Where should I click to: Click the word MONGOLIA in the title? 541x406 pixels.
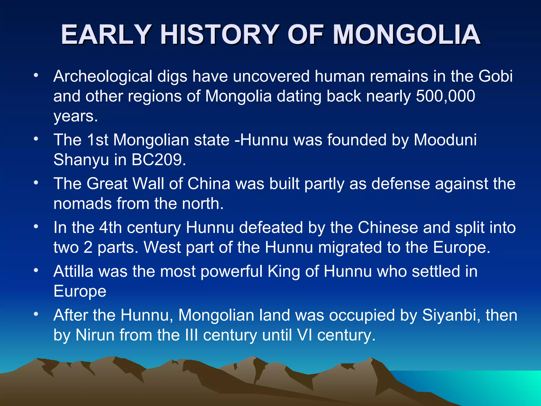407,35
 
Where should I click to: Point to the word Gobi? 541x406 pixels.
495,76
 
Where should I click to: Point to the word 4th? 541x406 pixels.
110,227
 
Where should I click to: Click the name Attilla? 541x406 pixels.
73,271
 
